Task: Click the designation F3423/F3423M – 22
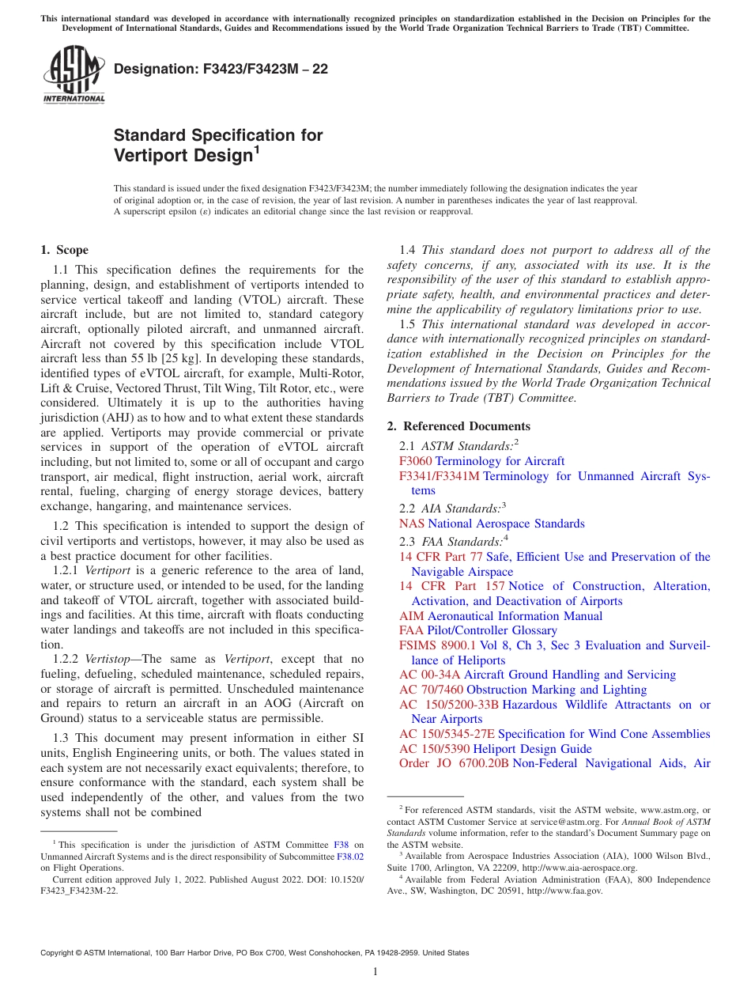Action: click(x=221, y=69)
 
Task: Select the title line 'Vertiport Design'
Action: click(x=183, y=156)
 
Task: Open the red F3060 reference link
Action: click(x=415, y=461)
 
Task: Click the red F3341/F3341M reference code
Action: click(x=440, y=476)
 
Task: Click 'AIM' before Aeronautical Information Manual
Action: click(x=411, y=616)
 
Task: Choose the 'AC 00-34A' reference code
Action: click(x=429, y=675)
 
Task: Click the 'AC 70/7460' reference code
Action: click(x=431, y=690)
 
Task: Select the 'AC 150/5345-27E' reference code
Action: click(x=447, y=734)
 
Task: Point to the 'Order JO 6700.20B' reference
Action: click(x=454, y=763)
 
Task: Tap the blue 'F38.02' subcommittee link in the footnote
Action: click(x=350, y=856)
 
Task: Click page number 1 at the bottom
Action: click(x=375, y=972)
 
